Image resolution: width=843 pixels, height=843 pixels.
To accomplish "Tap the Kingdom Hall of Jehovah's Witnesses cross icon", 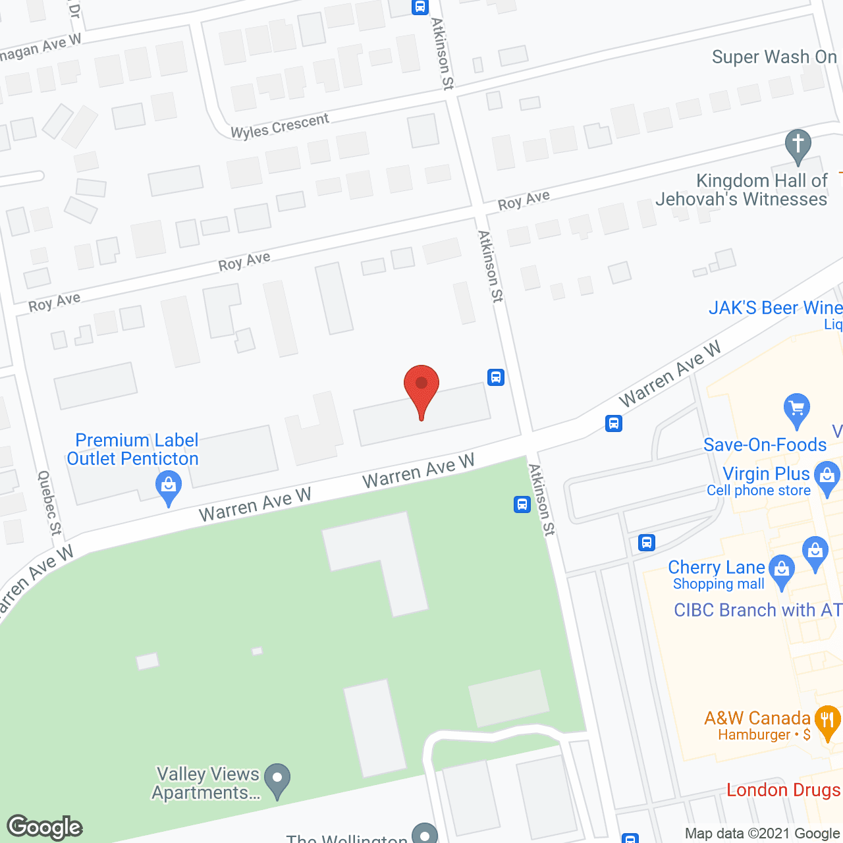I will coord(798,146).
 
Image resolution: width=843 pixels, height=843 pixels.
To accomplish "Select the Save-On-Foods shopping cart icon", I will coord(797,410).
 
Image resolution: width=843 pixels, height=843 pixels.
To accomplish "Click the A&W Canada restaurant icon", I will coord(827,722).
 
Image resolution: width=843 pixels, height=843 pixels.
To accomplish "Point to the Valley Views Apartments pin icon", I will coord(277,780).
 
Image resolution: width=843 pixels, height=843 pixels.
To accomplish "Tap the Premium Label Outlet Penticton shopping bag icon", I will coord(169,489).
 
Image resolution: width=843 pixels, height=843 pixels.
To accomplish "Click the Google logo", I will coord(45,827).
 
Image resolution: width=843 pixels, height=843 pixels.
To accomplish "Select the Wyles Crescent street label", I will coord(280,126).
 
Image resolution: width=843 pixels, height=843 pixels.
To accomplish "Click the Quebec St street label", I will coord(49,503).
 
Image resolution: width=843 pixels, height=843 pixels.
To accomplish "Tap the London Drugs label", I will coord(783,790).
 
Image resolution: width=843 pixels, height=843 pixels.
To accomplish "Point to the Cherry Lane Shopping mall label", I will coord(717,575).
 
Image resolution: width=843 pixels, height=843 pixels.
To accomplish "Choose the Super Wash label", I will coord(774,57).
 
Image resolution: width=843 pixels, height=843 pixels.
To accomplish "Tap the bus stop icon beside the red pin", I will coord(496,377).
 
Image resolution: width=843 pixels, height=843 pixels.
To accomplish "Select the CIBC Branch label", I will coord(757,611).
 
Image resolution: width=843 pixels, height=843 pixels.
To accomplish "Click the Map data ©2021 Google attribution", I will coord(762,834).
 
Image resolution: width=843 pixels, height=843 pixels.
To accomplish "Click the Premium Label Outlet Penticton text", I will coord(134,449).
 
